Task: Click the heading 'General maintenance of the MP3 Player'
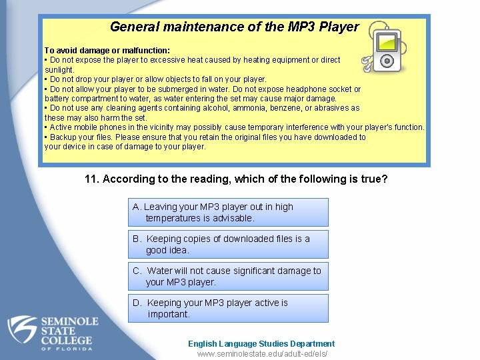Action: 234,27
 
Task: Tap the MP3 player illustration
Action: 385,49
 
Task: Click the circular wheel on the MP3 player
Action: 387,61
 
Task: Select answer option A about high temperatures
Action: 228,212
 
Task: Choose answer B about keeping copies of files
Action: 228,244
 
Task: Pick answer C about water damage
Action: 228,276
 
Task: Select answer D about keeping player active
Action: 228,308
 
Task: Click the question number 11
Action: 92,179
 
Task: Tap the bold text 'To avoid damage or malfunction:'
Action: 107,50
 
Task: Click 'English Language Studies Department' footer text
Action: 261,343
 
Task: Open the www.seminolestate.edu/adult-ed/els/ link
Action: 262,354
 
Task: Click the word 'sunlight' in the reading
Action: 59,69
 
